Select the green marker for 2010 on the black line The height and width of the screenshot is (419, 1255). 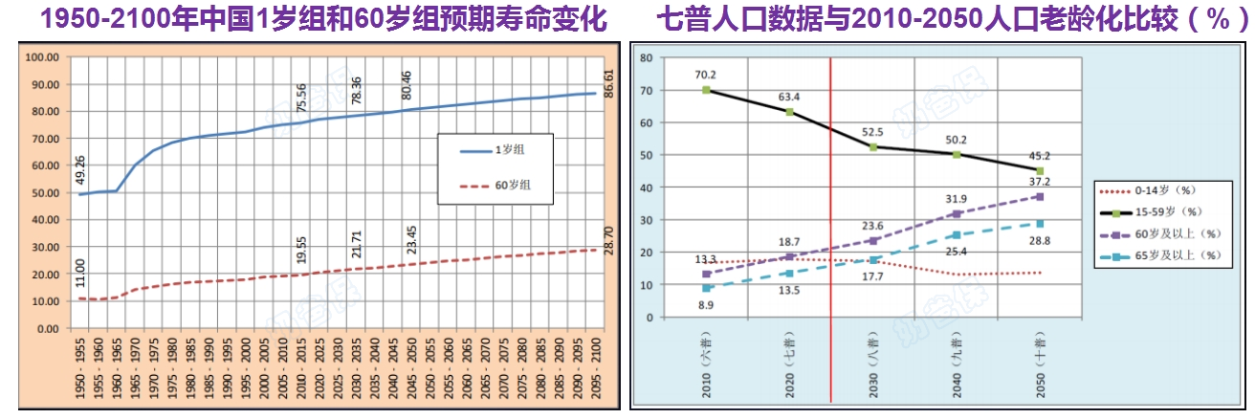click(x=706, y=90)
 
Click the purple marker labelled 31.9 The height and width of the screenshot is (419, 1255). click(x=957, y=213)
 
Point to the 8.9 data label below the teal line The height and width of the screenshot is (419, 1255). click(x=707, y=305)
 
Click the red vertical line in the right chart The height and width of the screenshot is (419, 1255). click(x=830, y=191)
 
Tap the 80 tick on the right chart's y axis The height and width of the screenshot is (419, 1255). click(x=646, y=58)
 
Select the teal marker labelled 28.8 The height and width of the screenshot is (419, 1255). click(x=1040, y=223)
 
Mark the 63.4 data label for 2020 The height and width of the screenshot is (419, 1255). click(x=790, y=94)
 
